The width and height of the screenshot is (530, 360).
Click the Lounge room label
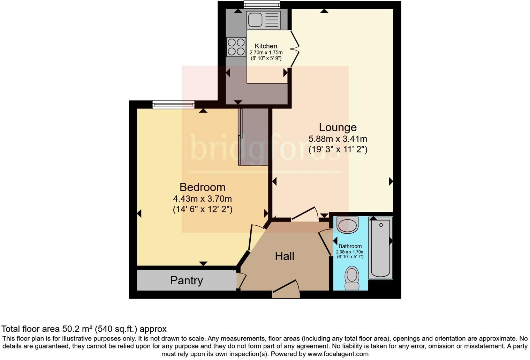(338, 127)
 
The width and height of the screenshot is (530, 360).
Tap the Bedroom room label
(202, 187)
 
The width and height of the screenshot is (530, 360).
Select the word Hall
(285, 256)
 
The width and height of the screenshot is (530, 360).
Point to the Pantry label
(187, 280)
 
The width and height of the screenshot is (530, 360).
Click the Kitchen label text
(266, 46)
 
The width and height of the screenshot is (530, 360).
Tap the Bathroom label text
(350, 246)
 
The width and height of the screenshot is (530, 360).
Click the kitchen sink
(263, 20)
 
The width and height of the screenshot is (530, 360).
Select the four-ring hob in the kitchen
(236, 47)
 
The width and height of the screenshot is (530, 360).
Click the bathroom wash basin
(348, 225)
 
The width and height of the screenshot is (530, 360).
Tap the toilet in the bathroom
(352, 278)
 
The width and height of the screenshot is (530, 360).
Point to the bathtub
(380, 248)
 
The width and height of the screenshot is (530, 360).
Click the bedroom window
(173, 104)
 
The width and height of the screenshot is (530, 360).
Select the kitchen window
(262, 5)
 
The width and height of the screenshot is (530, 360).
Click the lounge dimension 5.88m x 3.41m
(338, 139)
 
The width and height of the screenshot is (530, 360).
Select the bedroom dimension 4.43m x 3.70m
(202, 199)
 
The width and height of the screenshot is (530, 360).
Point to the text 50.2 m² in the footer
(78, 329)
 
